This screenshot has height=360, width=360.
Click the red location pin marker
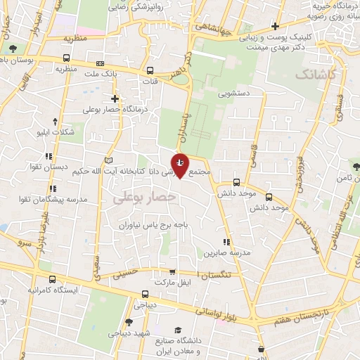pos(181,165)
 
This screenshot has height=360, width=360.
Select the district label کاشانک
pos(317,73)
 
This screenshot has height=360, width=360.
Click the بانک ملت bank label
pos(99,74)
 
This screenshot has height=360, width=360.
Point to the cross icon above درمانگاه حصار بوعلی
pos(115,98)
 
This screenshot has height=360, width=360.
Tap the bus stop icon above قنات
pos(150,70)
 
